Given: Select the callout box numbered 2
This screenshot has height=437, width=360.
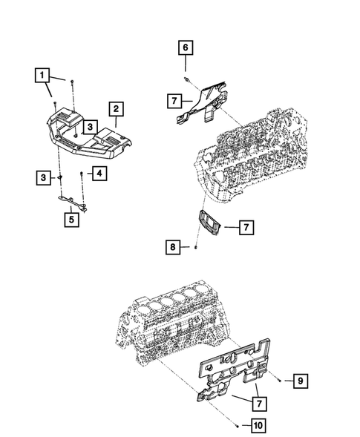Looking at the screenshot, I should (117, 110).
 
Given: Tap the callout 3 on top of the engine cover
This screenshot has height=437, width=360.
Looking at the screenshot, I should (88, 127).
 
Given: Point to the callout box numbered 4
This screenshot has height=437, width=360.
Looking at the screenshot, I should (97, 174).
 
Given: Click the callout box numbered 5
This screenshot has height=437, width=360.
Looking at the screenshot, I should (71, 219).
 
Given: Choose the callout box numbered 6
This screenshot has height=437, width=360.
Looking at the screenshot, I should (185, 48).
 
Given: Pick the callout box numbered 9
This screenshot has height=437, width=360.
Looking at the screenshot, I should (300, 381).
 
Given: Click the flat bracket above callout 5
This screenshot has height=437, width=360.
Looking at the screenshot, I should (73, 202).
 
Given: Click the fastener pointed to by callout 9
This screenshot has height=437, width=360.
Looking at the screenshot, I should (278, 381).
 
